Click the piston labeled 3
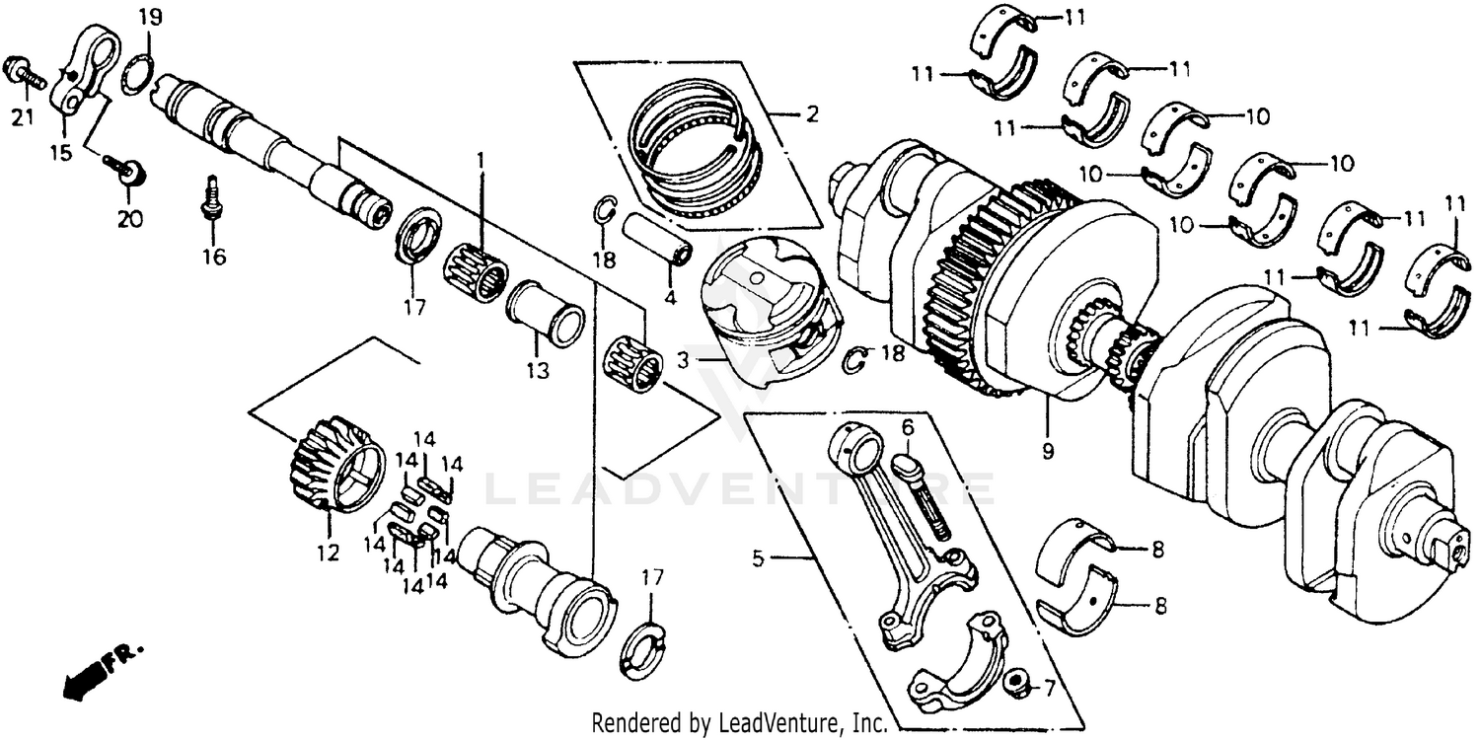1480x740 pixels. pyautogui.click(x=770, y=316)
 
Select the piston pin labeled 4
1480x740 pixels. pyautogui.click(x=657, y=242)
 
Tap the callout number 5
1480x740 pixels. pyautogui.click(x=758, y=558)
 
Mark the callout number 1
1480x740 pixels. pyautogui.click(x=481, y=158)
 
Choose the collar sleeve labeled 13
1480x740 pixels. pyautogui.click(x=546, y=313)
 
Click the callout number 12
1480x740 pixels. pyautogui.click(x=328, y=554)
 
